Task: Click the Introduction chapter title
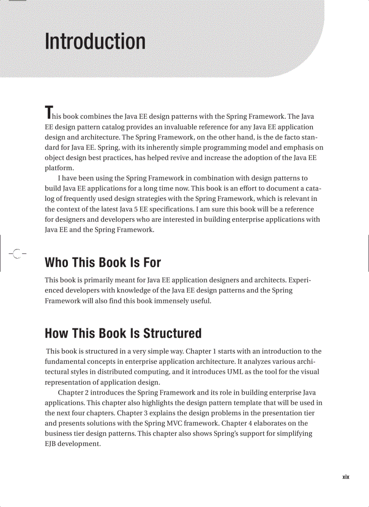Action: coord(95,42)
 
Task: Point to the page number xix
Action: coord(345,477)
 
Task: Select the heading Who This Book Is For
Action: coord(103,262)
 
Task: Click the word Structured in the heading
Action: coord(172,334)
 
